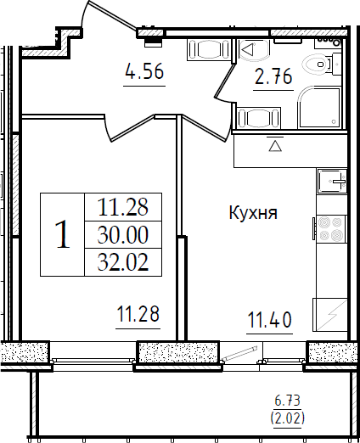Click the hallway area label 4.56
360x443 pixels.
point(144,71)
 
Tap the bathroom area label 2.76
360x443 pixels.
point(273,76)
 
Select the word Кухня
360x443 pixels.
point(253,213)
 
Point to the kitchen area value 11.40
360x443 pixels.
point(269,320)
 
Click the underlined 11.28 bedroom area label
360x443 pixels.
point(138,314)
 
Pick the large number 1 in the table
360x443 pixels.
point(63,234)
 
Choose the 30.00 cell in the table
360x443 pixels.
point(123,234)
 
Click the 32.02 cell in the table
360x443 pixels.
point(123,262)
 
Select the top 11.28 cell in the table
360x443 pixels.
point(123,207)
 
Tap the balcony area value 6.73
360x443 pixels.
point(287,401)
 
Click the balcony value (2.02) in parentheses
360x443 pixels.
point(288,418)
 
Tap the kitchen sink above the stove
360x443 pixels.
point(332,181)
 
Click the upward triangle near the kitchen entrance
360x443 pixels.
point(275,146)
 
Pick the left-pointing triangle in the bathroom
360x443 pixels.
point(248,49)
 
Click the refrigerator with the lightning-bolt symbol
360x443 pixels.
point(330,315)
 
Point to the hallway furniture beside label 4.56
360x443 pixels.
point(208,50)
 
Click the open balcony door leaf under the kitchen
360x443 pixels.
point(240,353)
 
